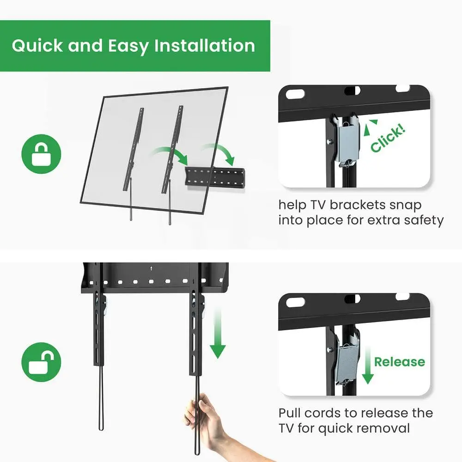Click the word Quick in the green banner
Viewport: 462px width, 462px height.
coord(37,46)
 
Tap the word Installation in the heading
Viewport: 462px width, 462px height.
coord(205,46)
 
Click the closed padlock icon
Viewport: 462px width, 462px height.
coord(41,154)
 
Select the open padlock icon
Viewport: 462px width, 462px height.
coord(41,362)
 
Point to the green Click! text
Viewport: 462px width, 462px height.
coord(388,138)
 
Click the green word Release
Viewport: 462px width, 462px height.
coord(400,362)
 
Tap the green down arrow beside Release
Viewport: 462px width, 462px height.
coord(368,365)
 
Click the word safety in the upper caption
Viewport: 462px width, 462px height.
coord(424,220)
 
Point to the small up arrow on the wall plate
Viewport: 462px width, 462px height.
coord(151,268)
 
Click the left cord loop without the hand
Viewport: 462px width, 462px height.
coord(101,398)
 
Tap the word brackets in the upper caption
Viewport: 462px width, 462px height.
coord(358,205)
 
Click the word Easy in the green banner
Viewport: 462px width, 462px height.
coord(128,46)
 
